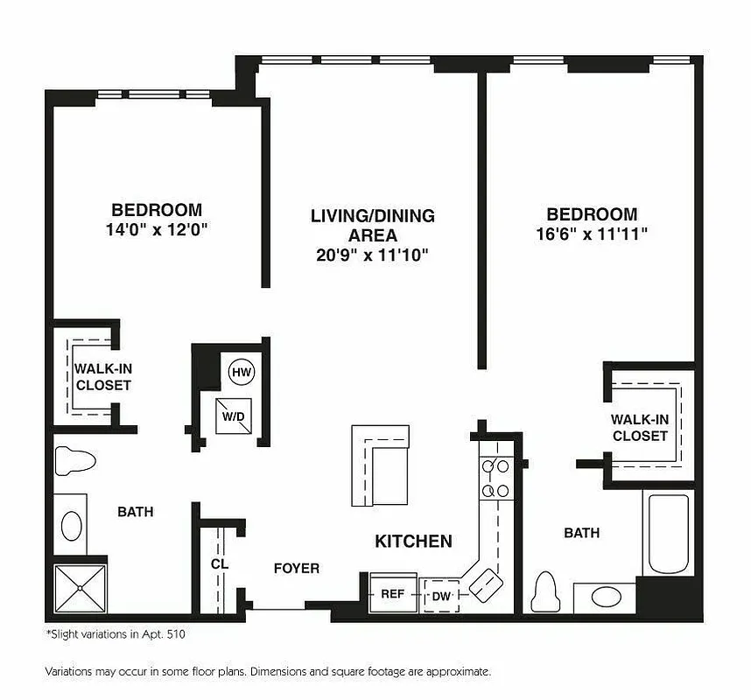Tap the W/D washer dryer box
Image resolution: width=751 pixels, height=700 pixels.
[233, 416]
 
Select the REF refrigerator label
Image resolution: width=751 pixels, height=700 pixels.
[392, 594]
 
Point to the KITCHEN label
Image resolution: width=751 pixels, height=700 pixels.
[413, 542]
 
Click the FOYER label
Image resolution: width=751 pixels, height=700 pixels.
[296, 569]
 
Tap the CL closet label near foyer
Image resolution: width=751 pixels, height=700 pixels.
[219, 564]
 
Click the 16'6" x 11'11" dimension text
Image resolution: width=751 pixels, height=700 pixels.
[592, 234]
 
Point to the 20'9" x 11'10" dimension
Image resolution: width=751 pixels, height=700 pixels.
[372, 255]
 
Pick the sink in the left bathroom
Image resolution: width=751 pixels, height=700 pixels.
[71, 525]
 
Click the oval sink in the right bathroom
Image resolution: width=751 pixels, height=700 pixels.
[605, 598]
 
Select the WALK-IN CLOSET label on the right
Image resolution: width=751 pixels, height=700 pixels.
[640, 428]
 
